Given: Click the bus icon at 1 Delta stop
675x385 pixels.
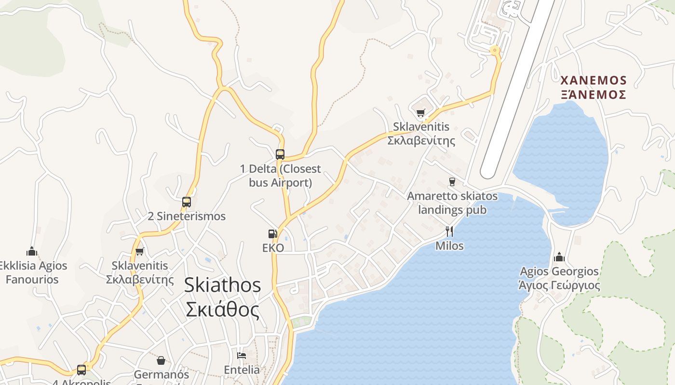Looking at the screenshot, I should (280, 154).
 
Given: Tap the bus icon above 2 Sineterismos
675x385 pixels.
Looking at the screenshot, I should (187, 202).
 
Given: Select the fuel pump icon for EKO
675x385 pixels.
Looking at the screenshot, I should (273, 234).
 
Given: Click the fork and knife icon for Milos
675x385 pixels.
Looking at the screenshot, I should (449, 231).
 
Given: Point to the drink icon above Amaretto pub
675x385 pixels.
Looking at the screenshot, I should (452, 182).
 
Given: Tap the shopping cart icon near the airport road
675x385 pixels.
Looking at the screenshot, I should (421, 113).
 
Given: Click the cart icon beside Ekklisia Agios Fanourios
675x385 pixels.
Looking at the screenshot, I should (140, 251).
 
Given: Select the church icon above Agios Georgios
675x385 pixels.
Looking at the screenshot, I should (559, 257).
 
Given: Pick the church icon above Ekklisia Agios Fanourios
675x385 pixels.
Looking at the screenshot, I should (32, 251).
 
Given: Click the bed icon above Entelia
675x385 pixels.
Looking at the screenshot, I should (242, 356).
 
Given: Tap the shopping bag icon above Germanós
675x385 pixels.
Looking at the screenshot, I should (161, 360).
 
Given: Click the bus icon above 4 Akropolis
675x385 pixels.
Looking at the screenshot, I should (81, 370).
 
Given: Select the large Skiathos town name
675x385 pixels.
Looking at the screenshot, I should (222, 285).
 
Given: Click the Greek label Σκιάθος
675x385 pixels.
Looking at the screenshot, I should (222, 310).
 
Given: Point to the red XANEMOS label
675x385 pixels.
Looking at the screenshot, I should (594, 80).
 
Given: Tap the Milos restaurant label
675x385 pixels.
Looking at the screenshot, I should (449, 246).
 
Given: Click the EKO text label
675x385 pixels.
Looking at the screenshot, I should (273, 248).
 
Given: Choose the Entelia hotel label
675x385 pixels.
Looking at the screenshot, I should (242, 370).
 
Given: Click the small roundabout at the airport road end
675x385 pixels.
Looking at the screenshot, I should (494, 50).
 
